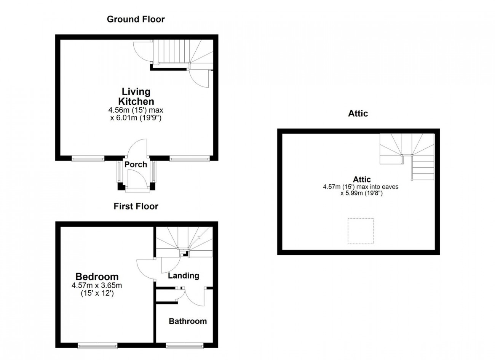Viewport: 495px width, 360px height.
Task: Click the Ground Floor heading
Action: pos(136,19)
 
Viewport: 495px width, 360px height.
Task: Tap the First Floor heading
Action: pos(136,206)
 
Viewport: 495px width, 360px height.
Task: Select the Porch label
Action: pos(136,165)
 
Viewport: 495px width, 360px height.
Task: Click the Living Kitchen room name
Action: pos(136,97)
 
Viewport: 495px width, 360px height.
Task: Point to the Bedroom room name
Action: pos(97,277)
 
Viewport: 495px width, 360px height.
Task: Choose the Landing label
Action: pos(184,276)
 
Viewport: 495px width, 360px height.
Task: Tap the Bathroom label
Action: pos(188,321)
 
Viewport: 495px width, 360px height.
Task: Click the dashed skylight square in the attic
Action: pos(361,231)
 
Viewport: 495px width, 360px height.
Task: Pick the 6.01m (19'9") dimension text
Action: pos(136,118)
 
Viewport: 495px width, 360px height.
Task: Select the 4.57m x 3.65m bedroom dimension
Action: pos(97,285)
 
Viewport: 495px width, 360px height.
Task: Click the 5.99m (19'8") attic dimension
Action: pos(361,193)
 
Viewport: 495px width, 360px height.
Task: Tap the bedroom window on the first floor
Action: pos(97,346)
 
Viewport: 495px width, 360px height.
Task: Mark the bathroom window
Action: pos(185,346)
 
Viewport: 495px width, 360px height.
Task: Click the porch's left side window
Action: pos(119,171)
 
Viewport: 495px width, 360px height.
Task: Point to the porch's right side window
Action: pos(154,171)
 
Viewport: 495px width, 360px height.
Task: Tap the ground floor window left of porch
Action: pos(88,158)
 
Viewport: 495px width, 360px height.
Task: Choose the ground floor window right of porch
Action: pos(190,158)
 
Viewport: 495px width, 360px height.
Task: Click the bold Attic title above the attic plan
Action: pos(358,114)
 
